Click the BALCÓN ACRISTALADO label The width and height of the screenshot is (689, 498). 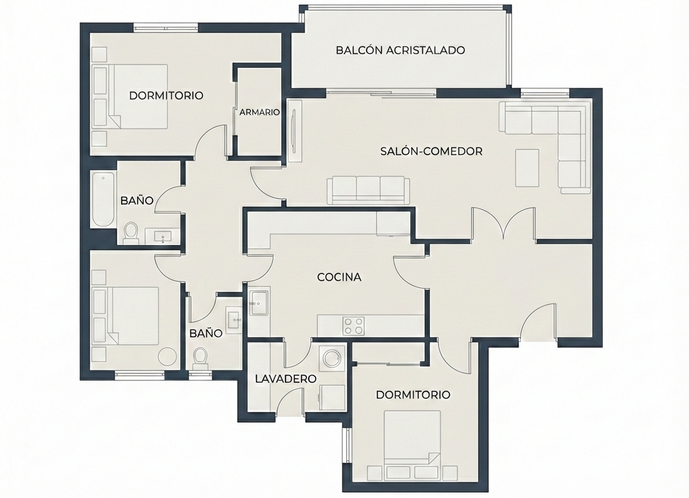click(400, 50)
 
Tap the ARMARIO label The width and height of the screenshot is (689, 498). click(260, 112)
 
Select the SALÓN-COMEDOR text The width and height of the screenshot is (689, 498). click(431, 151)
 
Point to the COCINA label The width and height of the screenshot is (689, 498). click(339, 277)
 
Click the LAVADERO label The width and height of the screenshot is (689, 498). click(286, 379)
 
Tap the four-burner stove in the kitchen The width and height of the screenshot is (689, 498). click(354, 326)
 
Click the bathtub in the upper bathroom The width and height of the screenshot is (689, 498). click(103, 200)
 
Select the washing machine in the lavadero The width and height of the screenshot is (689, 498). click(333, 357)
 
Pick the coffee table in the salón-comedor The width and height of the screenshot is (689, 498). click(527, 168)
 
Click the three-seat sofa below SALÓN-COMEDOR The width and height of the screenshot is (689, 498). click(368, 190)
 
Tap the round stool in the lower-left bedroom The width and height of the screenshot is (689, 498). click(167, 357)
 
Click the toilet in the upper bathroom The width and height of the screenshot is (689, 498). click(131, 233)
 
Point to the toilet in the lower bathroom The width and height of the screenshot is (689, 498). click(200, 359)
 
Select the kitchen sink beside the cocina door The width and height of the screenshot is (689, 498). click(259, 303)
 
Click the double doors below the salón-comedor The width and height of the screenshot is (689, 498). click(504, 223)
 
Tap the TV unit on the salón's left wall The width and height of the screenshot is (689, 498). click(295, 131)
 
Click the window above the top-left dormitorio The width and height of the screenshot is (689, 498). click(166, 28)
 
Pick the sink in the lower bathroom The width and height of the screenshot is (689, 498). click(235, 320)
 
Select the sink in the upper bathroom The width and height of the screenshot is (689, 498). click(162, 236)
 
